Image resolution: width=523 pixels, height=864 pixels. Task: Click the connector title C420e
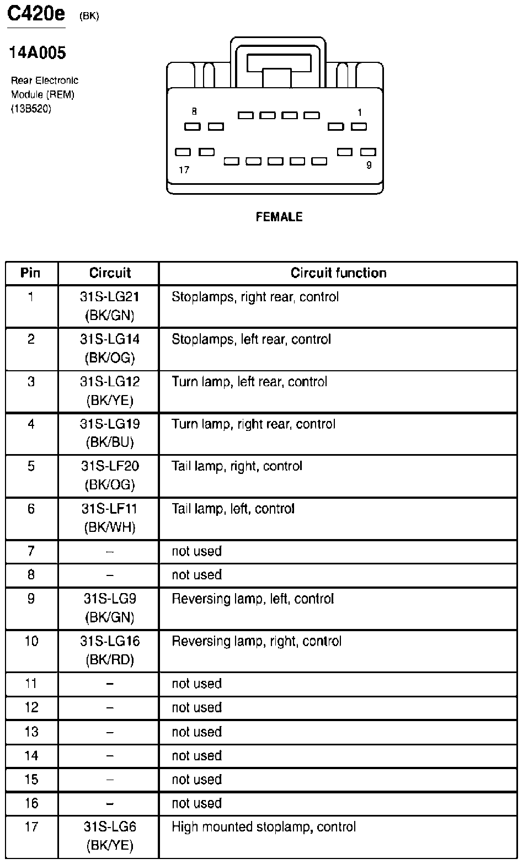click(x=36, y=15)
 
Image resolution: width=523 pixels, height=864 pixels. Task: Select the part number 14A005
click(x=38, y=53)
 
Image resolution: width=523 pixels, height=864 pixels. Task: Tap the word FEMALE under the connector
click(x=279, y=217)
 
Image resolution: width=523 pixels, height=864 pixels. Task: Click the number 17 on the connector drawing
click(x=184, y=170)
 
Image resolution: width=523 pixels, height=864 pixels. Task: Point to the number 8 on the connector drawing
click(x=194, y=112)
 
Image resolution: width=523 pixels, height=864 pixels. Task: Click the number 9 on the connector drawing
click(x=369, y=165)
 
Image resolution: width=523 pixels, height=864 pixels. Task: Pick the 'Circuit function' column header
click(x=338, y=273)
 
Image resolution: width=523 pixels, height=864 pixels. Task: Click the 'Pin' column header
click(x=31, y=273)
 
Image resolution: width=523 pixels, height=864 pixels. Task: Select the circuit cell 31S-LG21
click(x=110, y=297)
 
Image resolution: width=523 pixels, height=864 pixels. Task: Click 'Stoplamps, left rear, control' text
click(x=251, y=339)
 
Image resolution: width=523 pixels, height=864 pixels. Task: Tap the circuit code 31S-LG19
click(x=110, y=424)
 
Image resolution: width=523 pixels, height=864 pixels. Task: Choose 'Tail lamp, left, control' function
click(x=233, y=509)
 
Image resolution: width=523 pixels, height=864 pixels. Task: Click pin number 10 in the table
click(x=31, y=641)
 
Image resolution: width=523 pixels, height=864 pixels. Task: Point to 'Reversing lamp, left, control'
click(x=253, y=599)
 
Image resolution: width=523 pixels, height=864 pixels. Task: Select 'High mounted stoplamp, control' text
click(x=264, y=827)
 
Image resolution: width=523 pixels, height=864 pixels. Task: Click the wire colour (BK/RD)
click(x=110, y=660)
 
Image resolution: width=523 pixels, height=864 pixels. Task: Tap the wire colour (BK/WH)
click(x=110, y=527)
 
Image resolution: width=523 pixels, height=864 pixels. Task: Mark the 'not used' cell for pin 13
click(x=196, y=732)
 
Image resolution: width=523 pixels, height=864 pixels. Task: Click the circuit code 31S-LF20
click(x=110, y=466)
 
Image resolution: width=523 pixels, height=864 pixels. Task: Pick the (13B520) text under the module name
click(x=31, y=109)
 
